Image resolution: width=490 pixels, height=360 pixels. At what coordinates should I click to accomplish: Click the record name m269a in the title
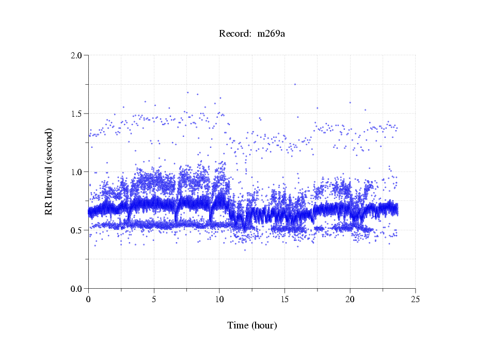click(271, 34)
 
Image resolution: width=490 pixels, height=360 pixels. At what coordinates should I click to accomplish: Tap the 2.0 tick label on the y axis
click(77, 55)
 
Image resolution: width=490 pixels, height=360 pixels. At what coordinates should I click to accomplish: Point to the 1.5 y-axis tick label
click(77, 114)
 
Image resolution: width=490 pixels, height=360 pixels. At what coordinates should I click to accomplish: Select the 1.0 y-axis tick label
click(77, 172)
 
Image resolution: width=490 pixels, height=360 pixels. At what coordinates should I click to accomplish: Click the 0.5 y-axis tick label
click(77, 230)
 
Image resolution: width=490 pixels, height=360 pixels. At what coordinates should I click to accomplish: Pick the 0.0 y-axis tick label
click(77, 289)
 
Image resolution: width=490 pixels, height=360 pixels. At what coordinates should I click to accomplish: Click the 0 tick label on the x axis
click(89, 299)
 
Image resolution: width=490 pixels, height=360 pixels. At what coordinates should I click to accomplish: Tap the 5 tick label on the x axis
click(154, 299)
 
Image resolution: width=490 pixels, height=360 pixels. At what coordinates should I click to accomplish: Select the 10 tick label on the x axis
click(219, 299)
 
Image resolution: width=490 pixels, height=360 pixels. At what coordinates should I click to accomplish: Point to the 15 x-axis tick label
click(284, 299)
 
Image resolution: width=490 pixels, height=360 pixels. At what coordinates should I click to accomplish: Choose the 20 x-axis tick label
click(350, 299)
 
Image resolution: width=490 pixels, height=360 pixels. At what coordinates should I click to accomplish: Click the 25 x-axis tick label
click(415, 299)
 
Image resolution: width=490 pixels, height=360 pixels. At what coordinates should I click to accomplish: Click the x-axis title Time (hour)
click(252, 326)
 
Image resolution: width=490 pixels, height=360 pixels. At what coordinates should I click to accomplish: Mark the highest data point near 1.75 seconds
click(295, 84)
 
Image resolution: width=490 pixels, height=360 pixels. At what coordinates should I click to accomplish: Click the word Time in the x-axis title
click(238, 326)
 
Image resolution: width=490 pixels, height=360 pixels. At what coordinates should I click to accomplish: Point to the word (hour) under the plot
click(264, 326)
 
